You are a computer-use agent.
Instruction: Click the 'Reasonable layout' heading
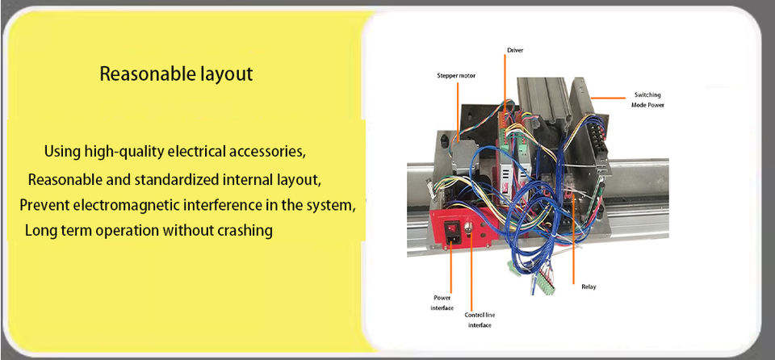tap(177, 74)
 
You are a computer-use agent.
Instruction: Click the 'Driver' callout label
tap(514, 50)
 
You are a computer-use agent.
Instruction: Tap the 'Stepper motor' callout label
tap(456, 76)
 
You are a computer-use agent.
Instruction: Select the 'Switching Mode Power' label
tap(647, 100)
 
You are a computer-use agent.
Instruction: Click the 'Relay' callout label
tap(589, 287)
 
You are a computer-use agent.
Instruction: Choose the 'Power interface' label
tap(443, 303)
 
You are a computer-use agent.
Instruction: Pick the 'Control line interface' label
tap(480, 320)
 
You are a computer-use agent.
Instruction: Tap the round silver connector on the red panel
tap(468, 227)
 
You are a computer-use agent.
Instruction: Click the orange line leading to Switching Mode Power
tap(609, 98)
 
